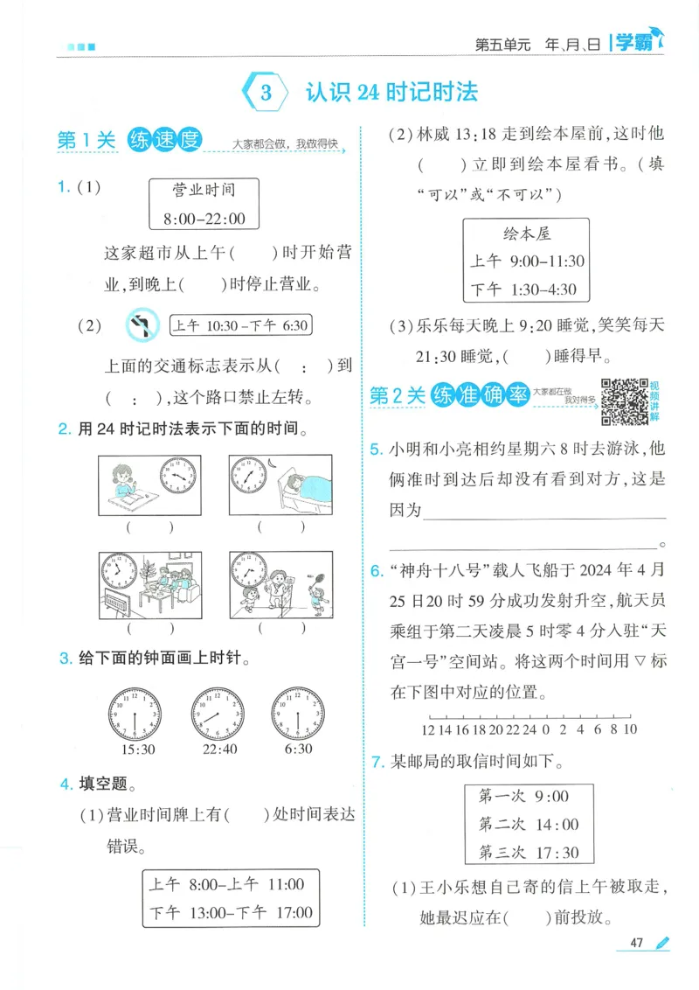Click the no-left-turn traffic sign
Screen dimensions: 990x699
click(x=142, y=325)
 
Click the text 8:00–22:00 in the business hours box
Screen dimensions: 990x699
click(x=204, y=219)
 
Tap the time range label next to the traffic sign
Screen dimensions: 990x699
click(x=240, y=325)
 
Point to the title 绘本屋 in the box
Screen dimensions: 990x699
click(x=527, y=234)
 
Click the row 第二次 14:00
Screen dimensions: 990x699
click(x=528, y=823)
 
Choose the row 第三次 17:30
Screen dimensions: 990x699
click(x=528, y=851)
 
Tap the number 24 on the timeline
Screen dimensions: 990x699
click(x=529, y=729)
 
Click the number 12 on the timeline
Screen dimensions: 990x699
click(x=427, y=729)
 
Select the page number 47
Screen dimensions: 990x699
click(x=636, y=943)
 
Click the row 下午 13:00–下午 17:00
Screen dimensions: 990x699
click(x=230, y=912)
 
